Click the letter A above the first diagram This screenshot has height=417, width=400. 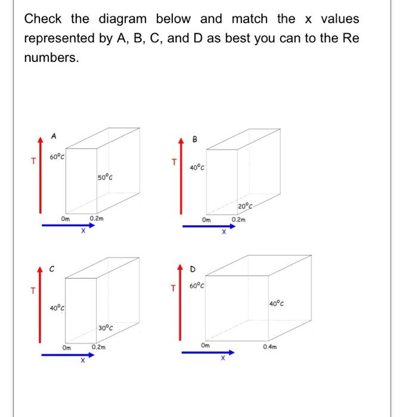pyautogui.click(x=54, y=136)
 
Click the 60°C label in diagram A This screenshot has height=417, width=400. pyautogui.click(x=57, y=157)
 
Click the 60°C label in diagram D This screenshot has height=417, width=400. pyautogui.click(x=198, y=286)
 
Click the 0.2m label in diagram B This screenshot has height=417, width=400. pyautogui.click(x=238, y=220)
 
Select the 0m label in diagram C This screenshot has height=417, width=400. pyautogui.click(x=66, y=348)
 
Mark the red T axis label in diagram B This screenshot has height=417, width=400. pyautogui.click(x=174, y=161)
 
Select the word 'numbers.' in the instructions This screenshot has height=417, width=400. pyautogui.click(x=50, y=59)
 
